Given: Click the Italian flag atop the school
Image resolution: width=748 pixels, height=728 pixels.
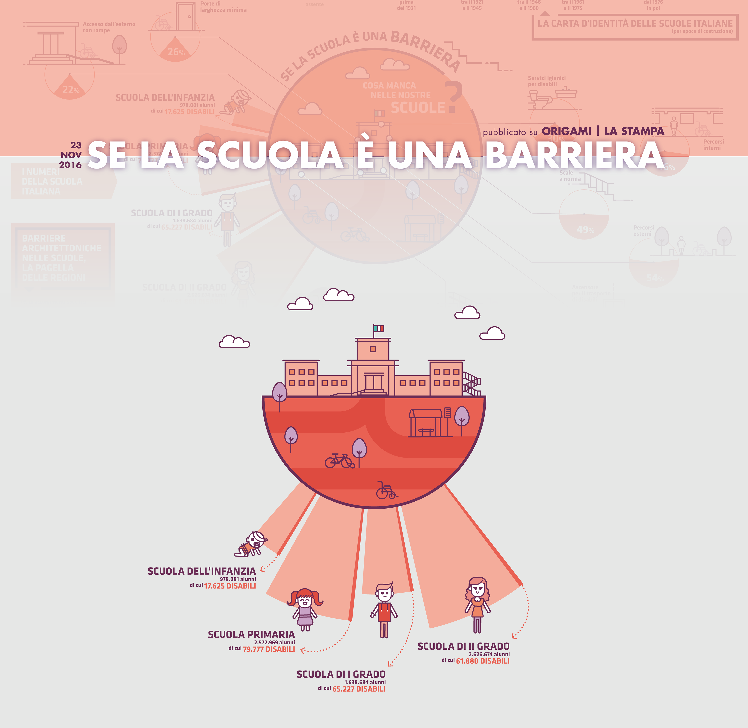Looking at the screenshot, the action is [379, 329].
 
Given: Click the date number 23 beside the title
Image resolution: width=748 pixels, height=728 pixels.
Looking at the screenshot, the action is [76, 145].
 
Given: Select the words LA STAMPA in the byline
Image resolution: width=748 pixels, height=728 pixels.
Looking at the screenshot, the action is [634, 131].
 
